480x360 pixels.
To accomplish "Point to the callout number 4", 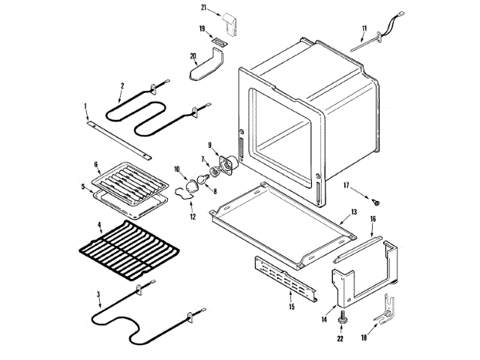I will (100, 223).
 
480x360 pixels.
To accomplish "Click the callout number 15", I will (291, 307).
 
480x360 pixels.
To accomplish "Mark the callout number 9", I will (210, 145).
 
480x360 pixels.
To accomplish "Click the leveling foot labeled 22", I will (343, 321).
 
